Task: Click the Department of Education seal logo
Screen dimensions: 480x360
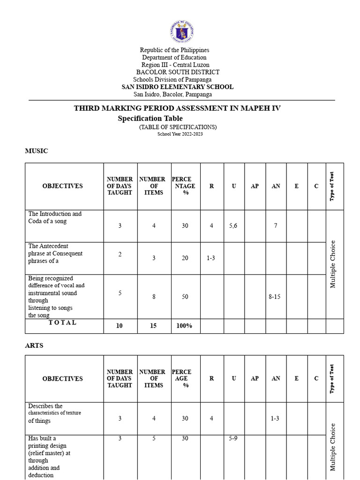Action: coord(181,32)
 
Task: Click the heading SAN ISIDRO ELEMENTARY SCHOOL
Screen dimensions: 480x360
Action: coord(177,87)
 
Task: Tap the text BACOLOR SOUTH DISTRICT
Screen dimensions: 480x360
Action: coord(178,72)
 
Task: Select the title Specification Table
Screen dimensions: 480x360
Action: coord(150,119)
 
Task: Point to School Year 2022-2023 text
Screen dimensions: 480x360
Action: coord(180,134)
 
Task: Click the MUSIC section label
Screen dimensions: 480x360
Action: coord(36,151)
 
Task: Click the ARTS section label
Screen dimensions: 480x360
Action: coord(34,345)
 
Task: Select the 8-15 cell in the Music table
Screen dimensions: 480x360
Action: coord(275,297)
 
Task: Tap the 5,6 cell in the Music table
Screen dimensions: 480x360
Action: coord(233,226)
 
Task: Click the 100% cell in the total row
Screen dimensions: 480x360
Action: coord(184,326)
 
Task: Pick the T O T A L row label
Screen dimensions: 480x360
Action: coord(62,323)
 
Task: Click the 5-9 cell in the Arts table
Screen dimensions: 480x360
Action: coord(233,439)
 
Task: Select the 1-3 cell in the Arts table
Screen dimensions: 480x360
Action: coord(275,418)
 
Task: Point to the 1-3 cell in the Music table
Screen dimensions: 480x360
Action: coord(210,258)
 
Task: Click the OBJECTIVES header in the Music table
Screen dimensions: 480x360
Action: coord(62,186)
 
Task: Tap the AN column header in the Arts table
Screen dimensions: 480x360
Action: coord(276,378)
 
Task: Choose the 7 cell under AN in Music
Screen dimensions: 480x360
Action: coord(276,226)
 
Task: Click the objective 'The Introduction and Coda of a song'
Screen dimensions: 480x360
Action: coord(54,217)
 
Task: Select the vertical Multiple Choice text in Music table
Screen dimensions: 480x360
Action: coord(333,264)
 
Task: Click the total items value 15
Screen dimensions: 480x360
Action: coord(153,326)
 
